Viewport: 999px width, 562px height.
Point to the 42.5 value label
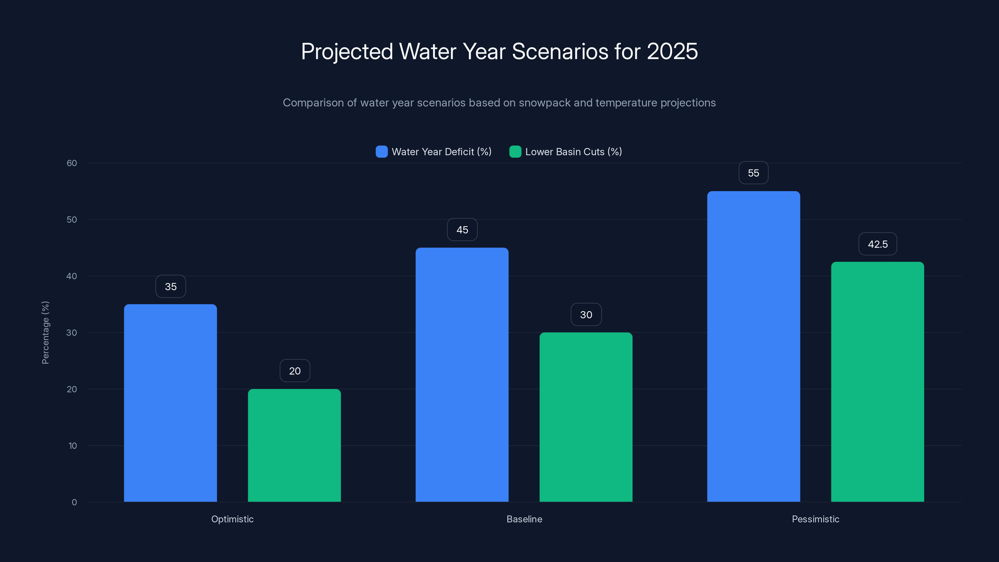(x=877, y=244)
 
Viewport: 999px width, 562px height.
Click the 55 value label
(x=753, y=173)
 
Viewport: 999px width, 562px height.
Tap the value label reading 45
(x=462, y=229)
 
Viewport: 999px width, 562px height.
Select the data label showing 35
(x=171, y=287)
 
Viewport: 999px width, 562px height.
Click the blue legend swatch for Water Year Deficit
(x=381, y=152)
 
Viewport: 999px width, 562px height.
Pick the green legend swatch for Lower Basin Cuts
(x=515, y=152)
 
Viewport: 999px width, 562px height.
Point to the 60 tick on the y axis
(x=72, y=163)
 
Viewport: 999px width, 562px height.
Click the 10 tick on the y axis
(x=72, y=446)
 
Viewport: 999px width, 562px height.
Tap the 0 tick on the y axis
(x=74, y=502)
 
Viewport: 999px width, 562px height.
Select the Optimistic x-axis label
(x=232, y=519)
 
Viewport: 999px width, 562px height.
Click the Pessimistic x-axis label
(x=815, y=519)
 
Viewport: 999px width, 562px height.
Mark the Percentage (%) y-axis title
(x=45, y=333)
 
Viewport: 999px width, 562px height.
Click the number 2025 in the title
(x=672, y=51)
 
